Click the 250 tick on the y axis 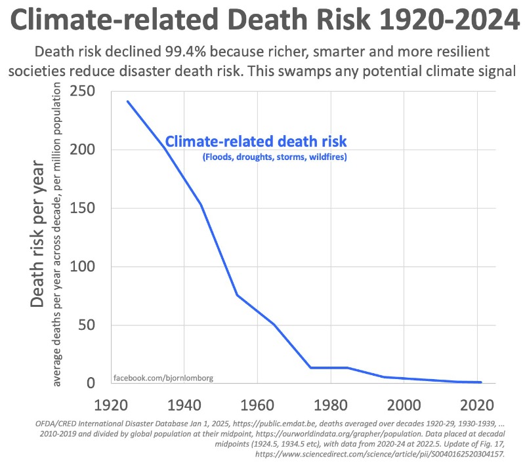coord(85,91)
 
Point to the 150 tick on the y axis coord(85,208)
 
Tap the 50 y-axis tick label coord(91,325)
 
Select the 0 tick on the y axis coord(96,384)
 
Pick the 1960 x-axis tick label coord(257,404)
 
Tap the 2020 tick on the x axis coord(478,404)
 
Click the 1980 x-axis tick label coord(331,404)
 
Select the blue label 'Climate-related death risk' coord(255,142)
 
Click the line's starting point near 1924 coord(127,101)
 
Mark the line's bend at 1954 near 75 coord(238,295)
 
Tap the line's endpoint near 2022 coord(482,382)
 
